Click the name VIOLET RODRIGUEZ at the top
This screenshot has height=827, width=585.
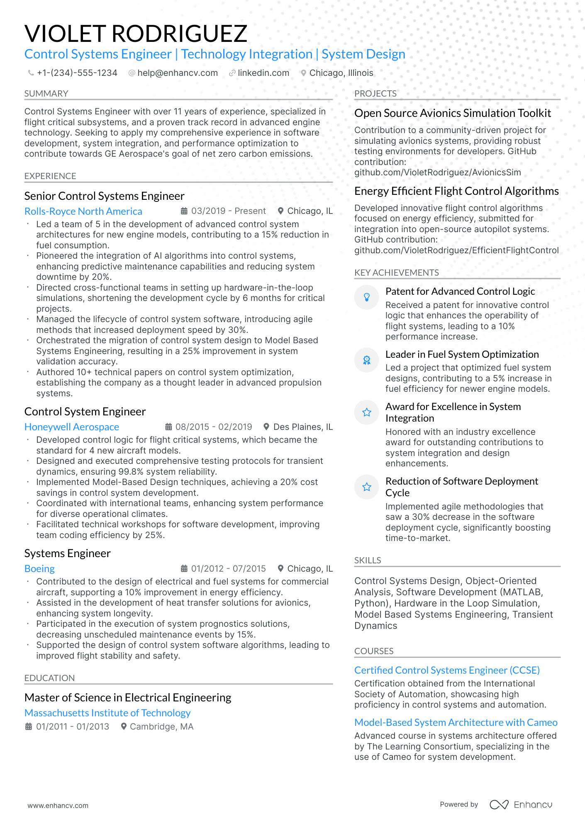point(136,34)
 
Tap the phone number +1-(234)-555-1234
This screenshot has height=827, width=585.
point(77,73)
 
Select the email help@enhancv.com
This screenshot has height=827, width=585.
point(177,73)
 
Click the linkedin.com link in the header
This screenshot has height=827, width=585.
point(263,73)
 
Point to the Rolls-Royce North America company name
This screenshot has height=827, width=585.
point(83,211)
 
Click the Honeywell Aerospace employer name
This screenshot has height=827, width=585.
point(71,427)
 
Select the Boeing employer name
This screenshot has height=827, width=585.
point(39,569)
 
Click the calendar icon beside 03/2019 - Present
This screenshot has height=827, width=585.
point(184,211)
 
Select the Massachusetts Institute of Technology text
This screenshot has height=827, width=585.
point(107,713)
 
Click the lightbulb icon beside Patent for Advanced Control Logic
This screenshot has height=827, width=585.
point(367,297)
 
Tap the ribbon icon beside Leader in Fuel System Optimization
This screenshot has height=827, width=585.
point(367,360)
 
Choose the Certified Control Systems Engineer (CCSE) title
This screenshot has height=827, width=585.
point(447,670)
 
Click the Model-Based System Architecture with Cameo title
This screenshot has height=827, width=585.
point(456,723)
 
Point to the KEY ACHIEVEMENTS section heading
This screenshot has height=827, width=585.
point(396,273)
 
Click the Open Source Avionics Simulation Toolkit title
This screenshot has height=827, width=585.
point(452,113)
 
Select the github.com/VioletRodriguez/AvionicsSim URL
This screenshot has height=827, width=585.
point(437,172)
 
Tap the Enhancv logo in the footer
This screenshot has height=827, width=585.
point(521,805)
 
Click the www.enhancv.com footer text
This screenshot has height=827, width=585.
point(58,805)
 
